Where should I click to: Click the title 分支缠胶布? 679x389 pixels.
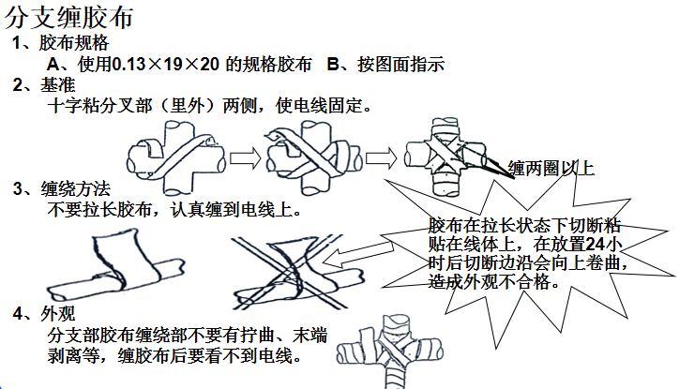click(x=70, y=18)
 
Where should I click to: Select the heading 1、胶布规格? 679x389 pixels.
click(x=61, y=44)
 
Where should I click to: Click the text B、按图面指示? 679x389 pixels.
click(x=385, y=65)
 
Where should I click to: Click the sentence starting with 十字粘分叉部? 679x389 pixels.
click(x=210, y=106)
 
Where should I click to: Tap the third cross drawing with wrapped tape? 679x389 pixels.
click(x=441, y=155)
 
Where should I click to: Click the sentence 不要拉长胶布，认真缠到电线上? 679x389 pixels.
click(x=174, y=209)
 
